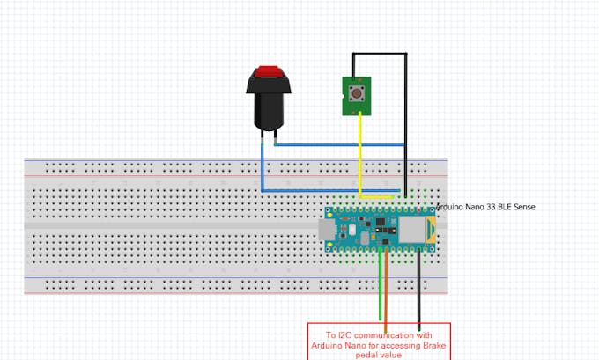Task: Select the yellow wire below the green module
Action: click(x=359, y=150)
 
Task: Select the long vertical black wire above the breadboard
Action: click(x=406, y=114)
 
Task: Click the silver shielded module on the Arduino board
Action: click(x=410, y=231)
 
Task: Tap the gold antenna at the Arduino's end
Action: click(x=429, y=231)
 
